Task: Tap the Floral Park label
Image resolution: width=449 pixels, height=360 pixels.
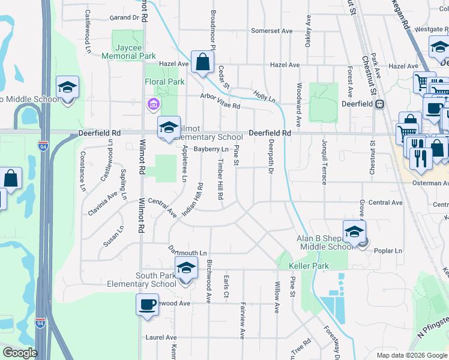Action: click(164, 82)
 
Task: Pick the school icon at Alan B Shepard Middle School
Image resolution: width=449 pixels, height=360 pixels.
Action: click(354, 232)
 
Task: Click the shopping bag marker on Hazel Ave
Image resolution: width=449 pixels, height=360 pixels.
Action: click(203, 61)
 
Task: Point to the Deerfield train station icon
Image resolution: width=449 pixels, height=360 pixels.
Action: click(379, 104)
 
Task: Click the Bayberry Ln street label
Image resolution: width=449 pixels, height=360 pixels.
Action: click(214, 149)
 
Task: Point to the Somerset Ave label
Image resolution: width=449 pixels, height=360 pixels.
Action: click(271, 31)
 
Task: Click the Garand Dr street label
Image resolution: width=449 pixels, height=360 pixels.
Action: click(124, 17)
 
